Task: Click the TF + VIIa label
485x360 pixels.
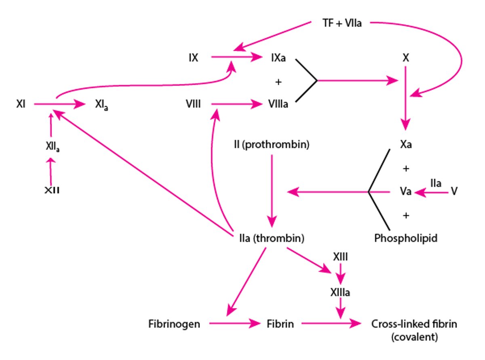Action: (342, 23)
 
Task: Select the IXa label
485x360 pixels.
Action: (278, 58)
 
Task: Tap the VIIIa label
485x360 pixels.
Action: (278, 105)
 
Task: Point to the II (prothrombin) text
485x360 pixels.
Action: (271, 144)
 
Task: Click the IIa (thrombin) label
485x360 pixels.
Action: (269, 238)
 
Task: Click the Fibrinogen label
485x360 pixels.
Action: (174, 324)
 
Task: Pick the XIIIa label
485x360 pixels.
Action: (340, 292)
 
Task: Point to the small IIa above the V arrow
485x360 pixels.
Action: (436, 183)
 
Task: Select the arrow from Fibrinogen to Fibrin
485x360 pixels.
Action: (234, 324)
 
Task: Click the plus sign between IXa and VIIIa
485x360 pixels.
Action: (278, 82)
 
